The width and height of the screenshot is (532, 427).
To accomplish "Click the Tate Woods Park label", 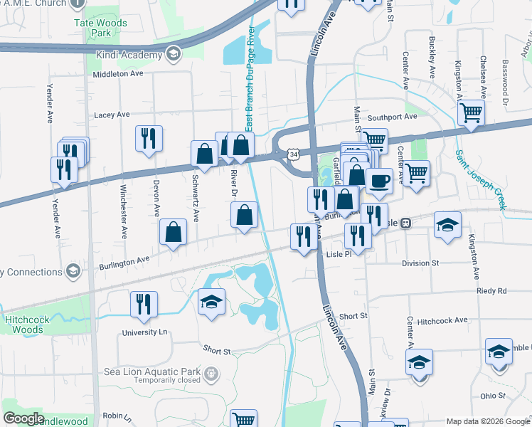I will point(100,28).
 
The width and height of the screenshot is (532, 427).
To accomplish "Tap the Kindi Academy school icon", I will point(173,53).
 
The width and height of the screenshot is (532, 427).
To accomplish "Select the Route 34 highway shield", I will point(293,154).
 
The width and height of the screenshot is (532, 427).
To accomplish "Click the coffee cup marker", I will point(379,181).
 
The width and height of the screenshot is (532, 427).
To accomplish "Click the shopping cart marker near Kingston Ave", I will point(471,112).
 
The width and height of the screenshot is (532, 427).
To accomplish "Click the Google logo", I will point(23,418).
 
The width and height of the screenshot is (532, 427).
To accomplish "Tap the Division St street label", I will point(420,263).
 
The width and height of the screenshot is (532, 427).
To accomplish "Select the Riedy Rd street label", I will point(491,291).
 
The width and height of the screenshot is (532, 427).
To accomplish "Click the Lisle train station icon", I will point(405,223).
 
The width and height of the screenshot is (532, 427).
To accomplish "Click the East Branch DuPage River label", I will point(250,79).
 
